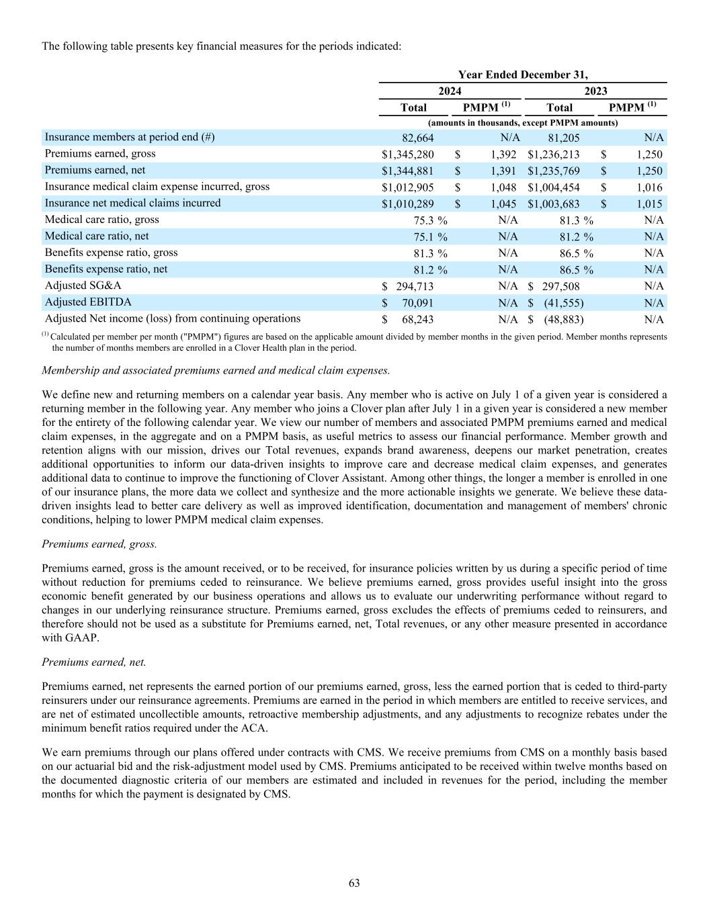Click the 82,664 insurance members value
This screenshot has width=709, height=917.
(x=417, y=138)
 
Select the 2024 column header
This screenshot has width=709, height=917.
(x=450, y=91)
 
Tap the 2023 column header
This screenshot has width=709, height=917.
(x=595, y=91)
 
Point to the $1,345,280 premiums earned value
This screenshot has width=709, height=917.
(x=407, y=155)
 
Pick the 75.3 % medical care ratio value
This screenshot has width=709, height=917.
(x=430, y=220)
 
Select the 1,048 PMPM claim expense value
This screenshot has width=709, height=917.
(x=503, y=187)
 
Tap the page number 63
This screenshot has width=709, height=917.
(x=354, y=883)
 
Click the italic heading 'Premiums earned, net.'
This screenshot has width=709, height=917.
(x=94, y=662)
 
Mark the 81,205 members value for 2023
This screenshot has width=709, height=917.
(x=564, y=138)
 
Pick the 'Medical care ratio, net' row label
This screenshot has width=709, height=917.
(x=97, y=236)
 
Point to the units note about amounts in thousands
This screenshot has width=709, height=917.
(x=523, y=123)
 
